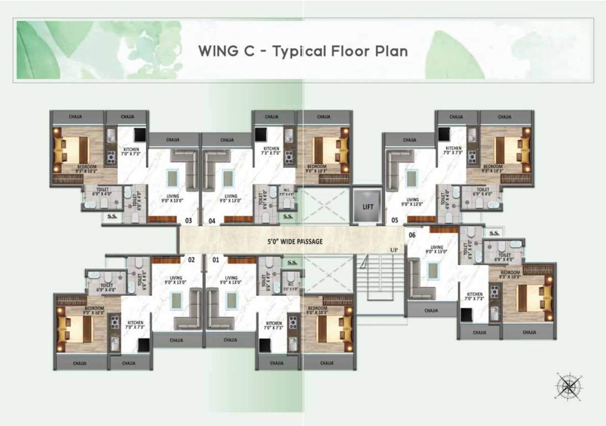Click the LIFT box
pyautogui.click(x=368, y=206)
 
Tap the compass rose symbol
pyautogui.click(x=569, y=386)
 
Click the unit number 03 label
pyautogui.click(x=188, y=221)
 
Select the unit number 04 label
pyautogui.click(x=212, y=221)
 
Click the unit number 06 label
pyautogui.click(x=412, y=235)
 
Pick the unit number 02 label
pyautogui.click(x=192, y=259)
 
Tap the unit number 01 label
pyautogui.click(x=215, y=259)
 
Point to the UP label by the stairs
pyautogui.click(x=394, y=250)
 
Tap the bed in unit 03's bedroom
pyautogui.click(x=70, y=150)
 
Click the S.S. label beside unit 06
pyautogui.click(x=494, y=233)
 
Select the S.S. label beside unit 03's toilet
pyautogui.click(x=111, y=216)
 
